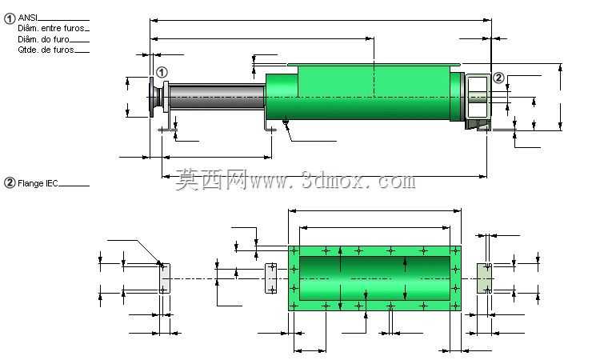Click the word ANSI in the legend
pyautogui.click(x=27, y=18)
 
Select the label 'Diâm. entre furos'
pyautogui.click(x=51, y=28)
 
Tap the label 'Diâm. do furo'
pyautogui.click(x=43, y=39)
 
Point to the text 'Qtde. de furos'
pyautogui.click(x=46, y=50)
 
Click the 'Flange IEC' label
pyautogui.click(x=38, y=183)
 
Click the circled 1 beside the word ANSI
pyautogui.click(x=10, y=18)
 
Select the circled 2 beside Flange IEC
pyautogui.click(x=10, y=183)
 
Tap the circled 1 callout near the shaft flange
pyautogui.click(x=162, y=72)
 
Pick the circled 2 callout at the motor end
pyautogui.click(x=498, y=78)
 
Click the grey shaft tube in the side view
pyautogui.click(x=217, y=97)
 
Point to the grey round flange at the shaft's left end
pyautogui.click(x=155, y=98)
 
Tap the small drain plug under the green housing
pyautogui.click(x=286, y=122)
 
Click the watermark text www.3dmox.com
pyautogui.click(x=333, y=181)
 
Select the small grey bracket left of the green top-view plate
pyautogui.click(x=271, y=278)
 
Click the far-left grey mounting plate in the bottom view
pyautogui.click(x=165, y=278)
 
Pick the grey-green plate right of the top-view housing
pyautogui.click(x=484, y=278)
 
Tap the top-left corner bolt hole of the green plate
pyautogui.click(x=294, y=250)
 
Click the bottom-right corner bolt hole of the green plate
pyautogui.click(x=455, y=306)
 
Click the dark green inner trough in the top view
pyautogui.click(x=374, y=278)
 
